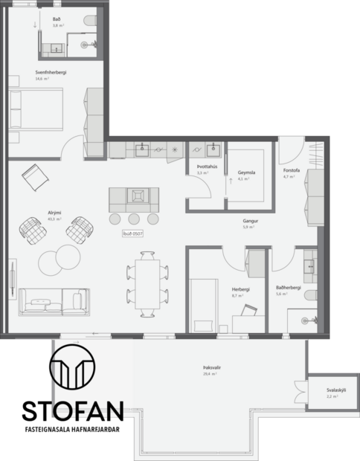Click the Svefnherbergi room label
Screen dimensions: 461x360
(51, 72)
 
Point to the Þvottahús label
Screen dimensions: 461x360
(207, 167)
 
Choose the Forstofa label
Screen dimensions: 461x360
(290, 170)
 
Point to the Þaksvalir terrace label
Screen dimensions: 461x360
(213, 367)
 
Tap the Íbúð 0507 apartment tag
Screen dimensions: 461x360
(132, 233)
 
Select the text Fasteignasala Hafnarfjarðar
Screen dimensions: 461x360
(72, 430)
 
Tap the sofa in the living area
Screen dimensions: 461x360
(54, 300)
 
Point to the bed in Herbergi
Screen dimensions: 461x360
(203, 303)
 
